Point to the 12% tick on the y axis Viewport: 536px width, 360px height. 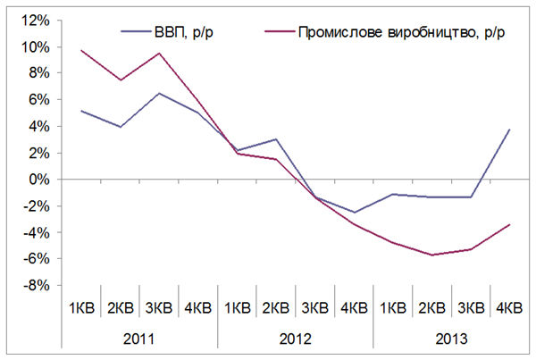(37, 20)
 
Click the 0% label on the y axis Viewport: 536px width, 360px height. (39, 180)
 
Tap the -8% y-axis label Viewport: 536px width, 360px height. (37, 287)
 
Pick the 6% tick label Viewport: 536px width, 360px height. (39, 100)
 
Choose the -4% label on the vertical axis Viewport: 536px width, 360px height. (37, 233)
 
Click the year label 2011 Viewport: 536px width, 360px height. (138, 339)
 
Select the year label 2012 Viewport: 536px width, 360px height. (296, 339)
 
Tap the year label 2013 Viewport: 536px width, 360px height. (451, 339)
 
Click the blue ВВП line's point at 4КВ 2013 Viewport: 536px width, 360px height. (509, 130)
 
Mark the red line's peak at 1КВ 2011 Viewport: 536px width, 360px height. (80, 50)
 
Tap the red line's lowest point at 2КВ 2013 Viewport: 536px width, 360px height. (431, 255)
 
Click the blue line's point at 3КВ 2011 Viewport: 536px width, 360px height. (159, 93)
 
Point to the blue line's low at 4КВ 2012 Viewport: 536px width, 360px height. (354, 213)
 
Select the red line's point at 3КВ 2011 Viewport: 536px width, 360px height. (159, 53)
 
